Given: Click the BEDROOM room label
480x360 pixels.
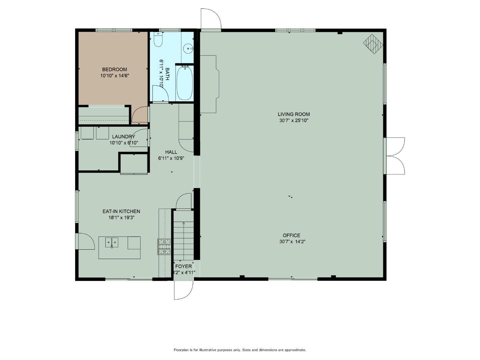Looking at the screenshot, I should coord(114,69).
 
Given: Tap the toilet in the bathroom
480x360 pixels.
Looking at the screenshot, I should coord(158,40).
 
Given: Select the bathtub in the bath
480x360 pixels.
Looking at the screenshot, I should coord(184,83).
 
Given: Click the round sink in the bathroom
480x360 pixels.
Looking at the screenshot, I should coord(189,49).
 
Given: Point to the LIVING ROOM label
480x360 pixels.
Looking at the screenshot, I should coord(294,114).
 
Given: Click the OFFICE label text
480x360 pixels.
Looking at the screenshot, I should coord(291,235).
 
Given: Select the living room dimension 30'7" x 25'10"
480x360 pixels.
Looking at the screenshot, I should coord(294,121).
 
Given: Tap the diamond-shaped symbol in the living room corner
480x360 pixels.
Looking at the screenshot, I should coord(373,44).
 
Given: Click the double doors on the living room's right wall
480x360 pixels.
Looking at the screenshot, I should coord(395,156).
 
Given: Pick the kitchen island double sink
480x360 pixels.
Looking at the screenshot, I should coord(112,242).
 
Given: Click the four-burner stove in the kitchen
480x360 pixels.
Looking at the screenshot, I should coord(164,247).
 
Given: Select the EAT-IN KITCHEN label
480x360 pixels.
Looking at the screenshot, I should coord(121,211).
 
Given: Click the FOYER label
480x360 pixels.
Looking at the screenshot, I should coord(184,266).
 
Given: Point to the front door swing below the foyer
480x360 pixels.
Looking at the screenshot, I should coord(183,290).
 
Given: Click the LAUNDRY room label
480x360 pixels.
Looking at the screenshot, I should coord(123,137).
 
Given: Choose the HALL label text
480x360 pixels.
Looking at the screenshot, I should coord(171,152).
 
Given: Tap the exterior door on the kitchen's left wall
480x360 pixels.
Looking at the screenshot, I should coord(85,241).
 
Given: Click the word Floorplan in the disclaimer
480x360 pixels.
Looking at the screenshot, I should coord(181,350).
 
